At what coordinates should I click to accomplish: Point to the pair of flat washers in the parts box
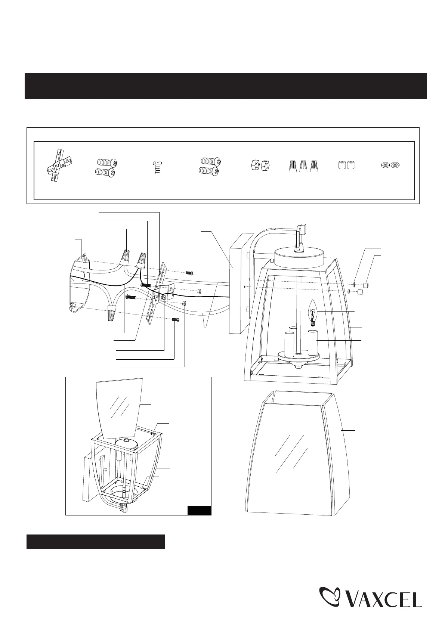click(x=389, y=164)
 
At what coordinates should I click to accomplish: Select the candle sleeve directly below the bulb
click(x=313, y=342)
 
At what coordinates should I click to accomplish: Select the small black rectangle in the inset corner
click(x=199, y=511)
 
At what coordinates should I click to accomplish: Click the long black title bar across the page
click(x=225, y=86)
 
